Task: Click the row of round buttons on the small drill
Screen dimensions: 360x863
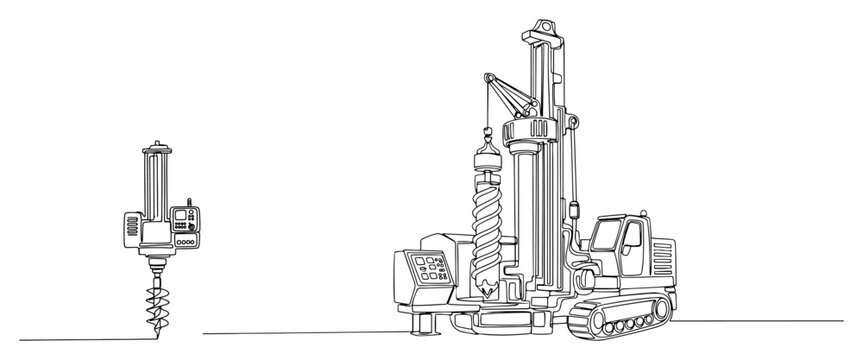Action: point(186,242)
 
